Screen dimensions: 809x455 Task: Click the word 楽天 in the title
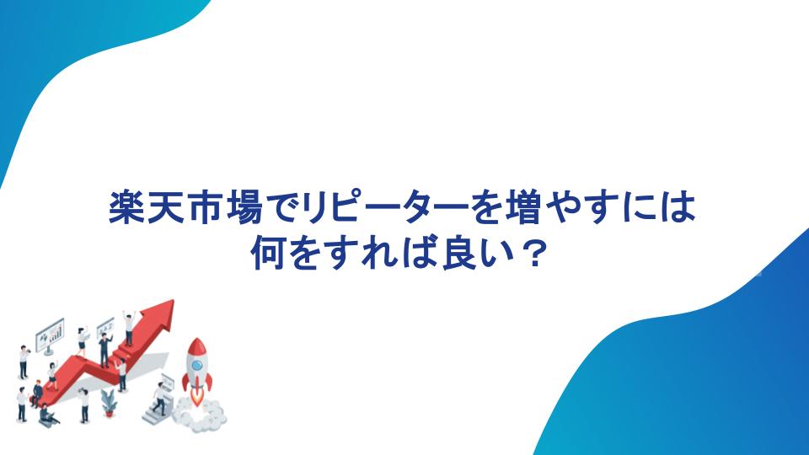tap(147, 208)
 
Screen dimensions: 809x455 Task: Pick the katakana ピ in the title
tap(346, 208)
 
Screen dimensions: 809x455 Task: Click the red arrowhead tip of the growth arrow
tap(173, 301)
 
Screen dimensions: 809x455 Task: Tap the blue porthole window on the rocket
tap(197, 366)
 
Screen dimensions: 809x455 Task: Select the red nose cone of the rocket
tap(196, 346)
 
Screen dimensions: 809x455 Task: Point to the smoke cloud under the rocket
tap(199, 415)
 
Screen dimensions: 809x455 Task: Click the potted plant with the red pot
tap(109, 404)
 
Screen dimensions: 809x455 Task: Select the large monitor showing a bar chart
tap(50, 336)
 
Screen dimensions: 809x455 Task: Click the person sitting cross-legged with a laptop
tap(47, 415)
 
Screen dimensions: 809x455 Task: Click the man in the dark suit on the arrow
tap(104, 350)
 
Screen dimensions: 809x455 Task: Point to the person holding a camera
tap(24, 362)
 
